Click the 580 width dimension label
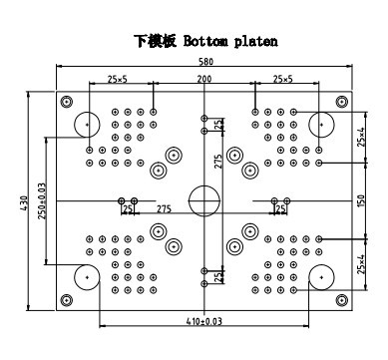205,62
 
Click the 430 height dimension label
24,202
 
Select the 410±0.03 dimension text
203,321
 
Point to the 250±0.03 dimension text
42,200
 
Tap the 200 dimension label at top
204,79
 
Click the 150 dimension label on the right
362,200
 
